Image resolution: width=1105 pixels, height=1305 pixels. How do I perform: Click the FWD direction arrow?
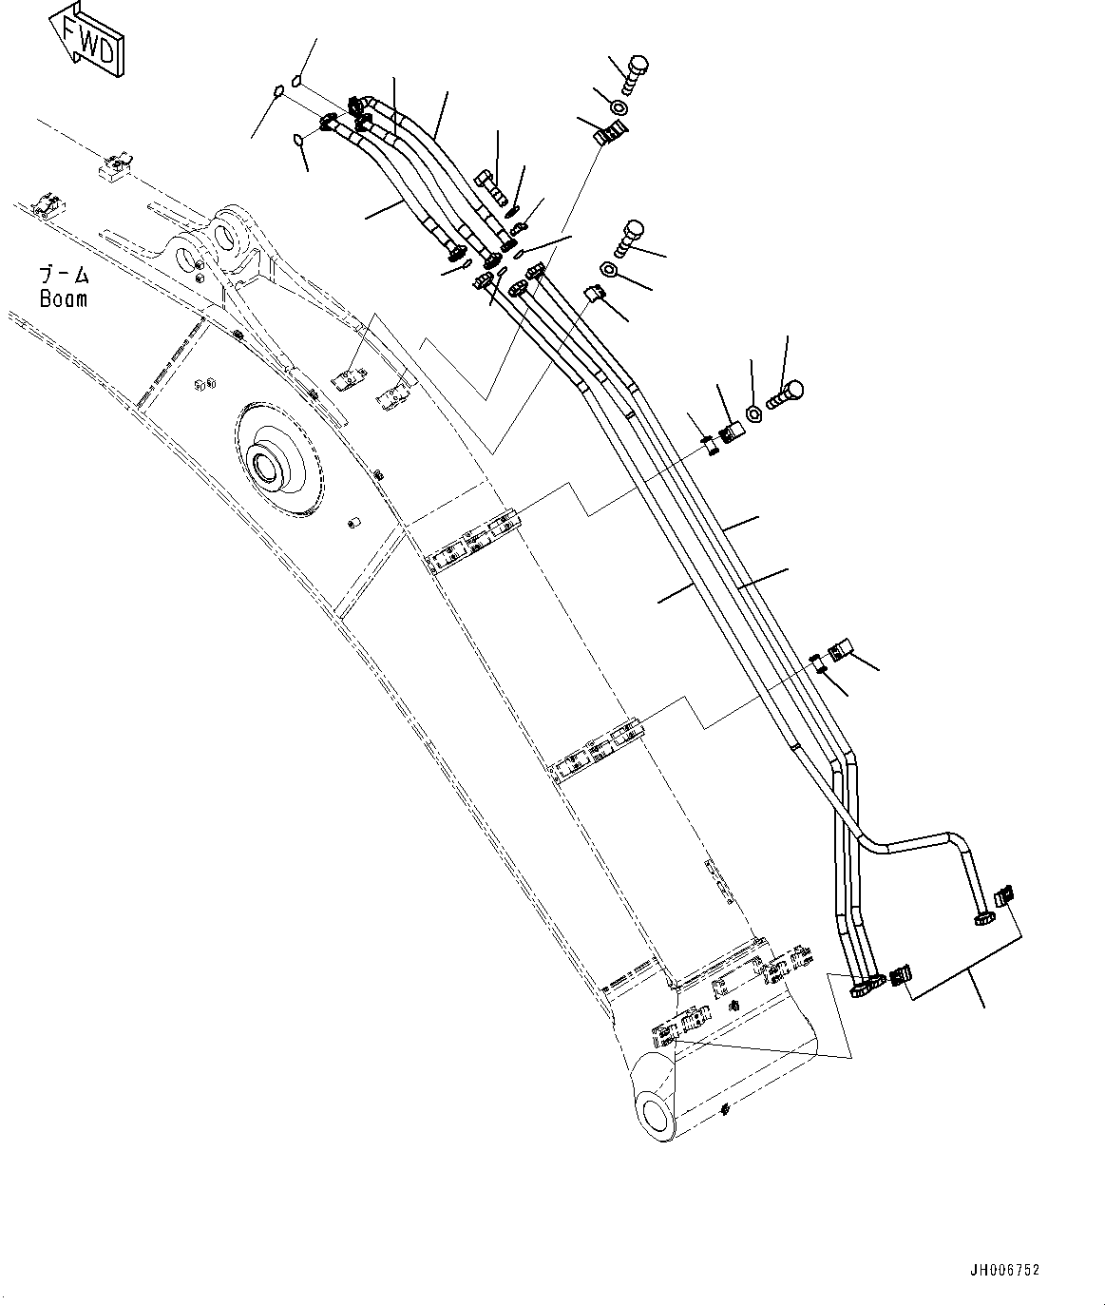click(85, 40)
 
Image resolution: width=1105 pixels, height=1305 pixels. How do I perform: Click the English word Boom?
click(64, 298)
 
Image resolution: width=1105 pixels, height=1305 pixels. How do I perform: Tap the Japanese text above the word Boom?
click(64, 276)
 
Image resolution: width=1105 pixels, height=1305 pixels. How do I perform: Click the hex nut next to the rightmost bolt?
click(753, 413)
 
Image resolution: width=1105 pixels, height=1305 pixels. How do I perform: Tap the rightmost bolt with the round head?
click(787, 392)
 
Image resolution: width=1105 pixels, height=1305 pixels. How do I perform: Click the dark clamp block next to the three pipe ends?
click(900, 974)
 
